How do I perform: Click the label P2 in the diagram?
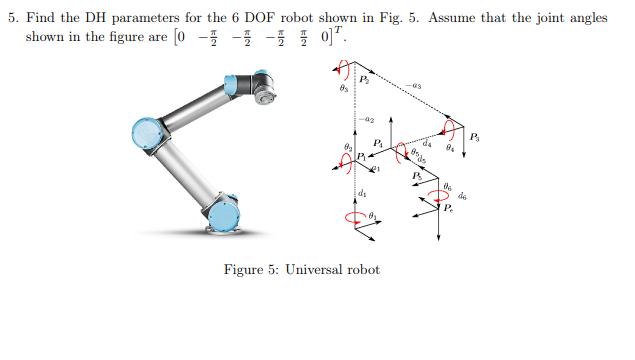[364, 78]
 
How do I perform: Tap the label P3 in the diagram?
[475, 136]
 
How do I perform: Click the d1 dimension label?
[362, 191]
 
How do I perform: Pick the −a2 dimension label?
[369, 116]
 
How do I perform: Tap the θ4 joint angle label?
[451, 148]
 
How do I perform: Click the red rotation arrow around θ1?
[352, 216]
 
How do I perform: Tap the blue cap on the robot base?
[225, 213]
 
